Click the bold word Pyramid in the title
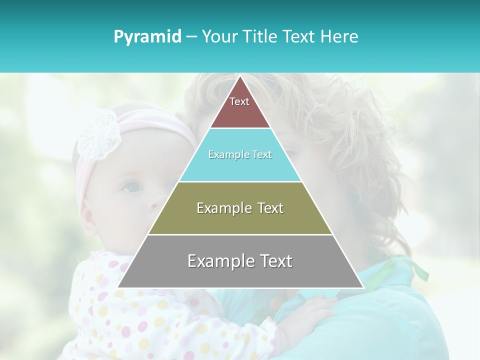(x=147, y=36)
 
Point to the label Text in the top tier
(x=239, y=101)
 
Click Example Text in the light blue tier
(x=240, y=154)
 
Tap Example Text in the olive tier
(x=240, y=208)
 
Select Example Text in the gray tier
(x=240, y=261)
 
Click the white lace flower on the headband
(x=98, y=135)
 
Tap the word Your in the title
(x=218, y=36)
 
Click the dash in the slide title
(x=191, y=37)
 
